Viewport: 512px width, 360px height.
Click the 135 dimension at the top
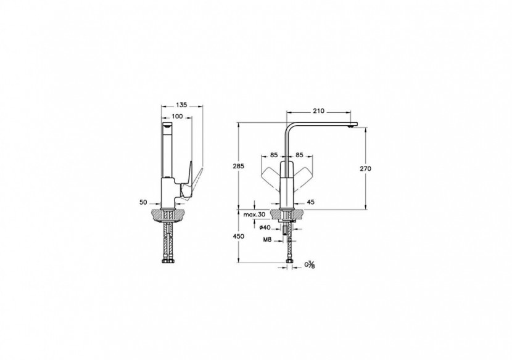[x=181, y=105]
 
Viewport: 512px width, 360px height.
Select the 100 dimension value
[x=177, y=117]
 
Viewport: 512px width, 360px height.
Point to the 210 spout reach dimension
[x=318, y=112]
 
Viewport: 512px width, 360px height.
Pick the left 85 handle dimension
[x=273, y=155]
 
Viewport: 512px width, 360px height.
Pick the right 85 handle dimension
[x=300, y=155]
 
